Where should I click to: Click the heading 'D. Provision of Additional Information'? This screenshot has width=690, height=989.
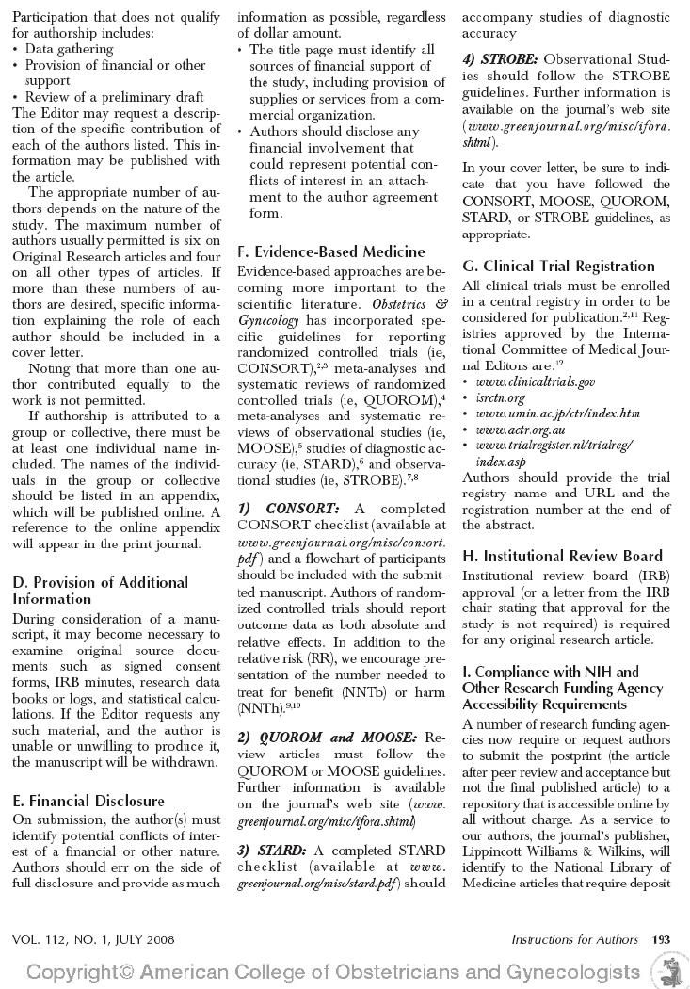pos(101,590)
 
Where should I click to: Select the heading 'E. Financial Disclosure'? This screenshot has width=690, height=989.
pos(88,801)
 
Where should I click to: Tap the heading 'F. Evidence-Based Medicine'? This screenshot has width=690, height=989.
pos(330,251)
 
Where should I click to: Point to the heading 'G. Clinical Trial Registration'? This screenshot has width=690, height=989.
pos(558,266)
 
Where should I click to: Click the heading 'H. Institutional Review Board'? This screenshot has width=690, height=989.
pos(562,556)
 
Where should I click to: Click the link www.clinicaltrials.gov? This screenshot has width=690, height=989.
pos(535,381)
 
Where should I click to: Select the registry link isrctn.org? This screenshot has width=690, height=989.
pos(501,397)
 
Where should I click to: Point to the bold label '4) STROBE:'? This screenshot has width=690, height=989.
pos(500,58)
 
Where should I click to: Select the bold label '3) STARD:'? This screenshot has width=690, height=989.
pos(271,850)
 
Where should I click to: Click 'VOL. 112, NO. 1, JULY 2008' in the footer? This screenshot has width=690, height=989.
pos(93,939)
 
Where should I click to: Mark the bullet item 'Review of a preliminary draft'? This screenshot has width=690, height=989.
pos(114,97)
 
